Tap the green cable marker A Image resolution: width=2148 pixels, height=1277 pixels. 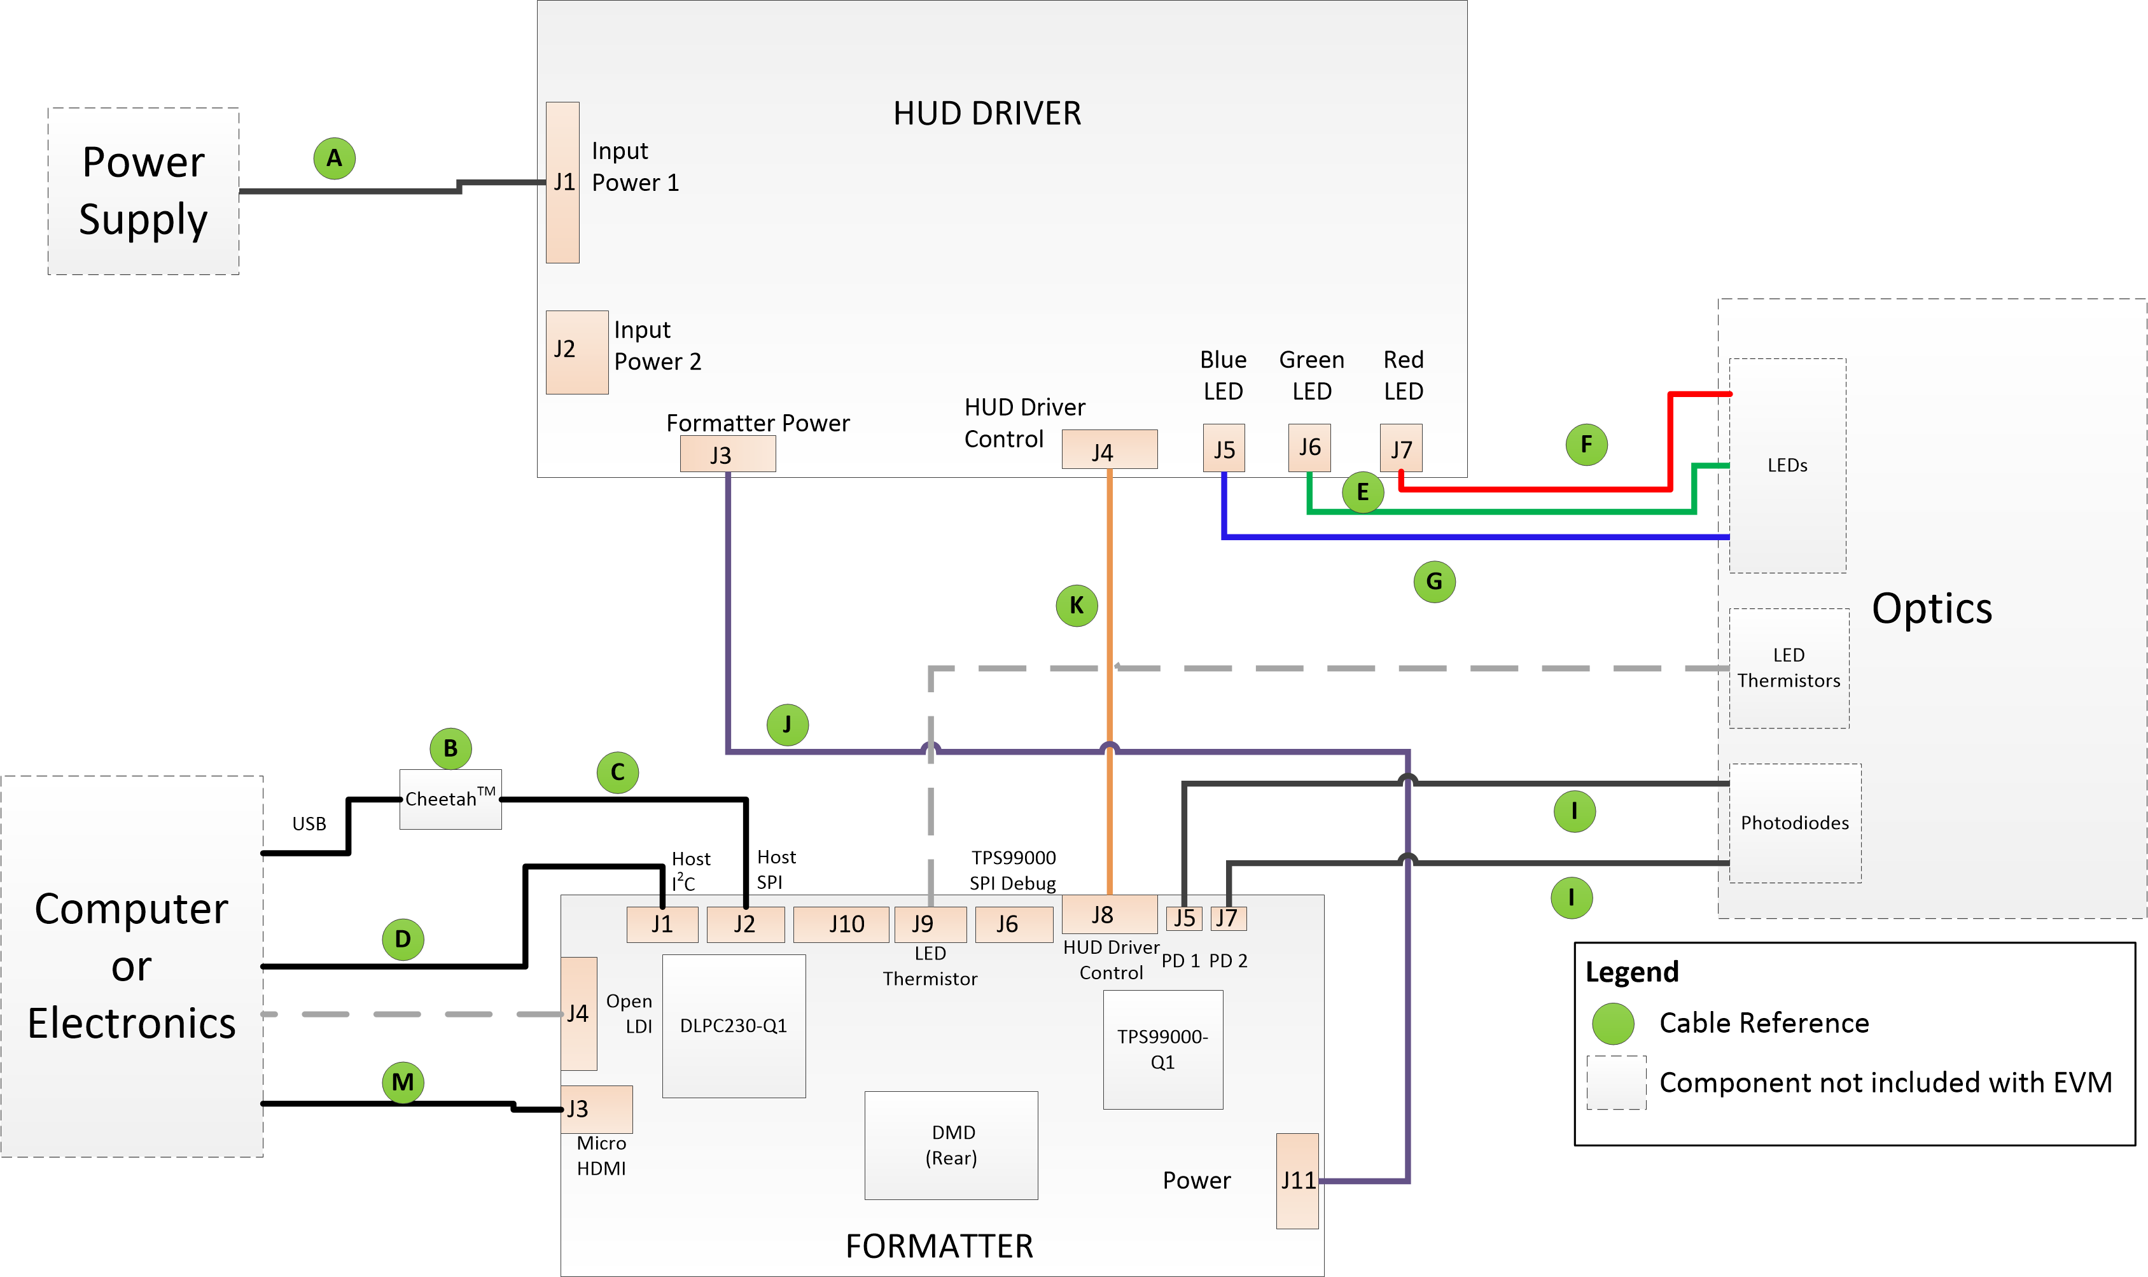[x=335, y=158]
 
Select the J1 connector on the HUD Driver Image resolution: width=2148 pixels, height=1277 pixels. [x=562, y=183]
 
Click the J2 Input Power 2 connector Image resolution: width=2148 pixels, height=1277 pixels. [x=576, y=352]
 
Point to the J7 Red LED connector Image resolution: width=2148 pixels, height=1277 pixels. [x=1400, y=449]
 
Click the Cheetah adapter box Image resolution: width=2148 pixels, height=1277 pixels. [x=450, y=799]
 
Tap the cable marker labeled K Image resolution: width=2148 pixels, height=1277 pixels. [x=1076, y=606]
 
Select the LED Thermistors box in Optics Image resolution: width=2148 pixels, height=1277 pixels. [x=1789, y=667]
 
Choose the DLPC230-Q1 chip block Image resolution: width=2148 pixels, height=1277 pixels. [x=734, y=1026]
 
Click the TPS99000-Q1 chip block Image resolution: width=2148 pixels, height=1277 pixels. [x=1162, y=1049]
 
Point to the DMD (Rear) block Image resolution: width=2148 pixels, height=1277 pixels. [x=951, y=1145]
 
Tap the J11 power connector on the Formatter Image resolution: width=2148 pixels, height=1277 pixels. [x=1297, y=1181]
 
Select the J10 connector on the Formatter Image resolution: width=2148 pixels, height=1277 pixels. [x=840, y=925]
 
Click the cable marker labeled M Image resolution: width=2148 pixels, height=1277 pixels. [x=403, y=1082]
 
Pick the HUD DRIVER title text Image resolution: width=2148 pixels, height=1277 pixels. [x=987, y=114]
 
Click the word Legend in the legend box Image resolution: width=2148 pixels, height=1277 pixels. [x=1631, y=972]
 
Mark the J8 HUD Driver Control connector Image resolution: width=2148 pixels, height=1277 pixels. [x=1109, y=914]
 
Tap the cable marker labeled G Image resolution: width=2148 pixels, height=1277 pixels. [x=1434, y=582]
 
